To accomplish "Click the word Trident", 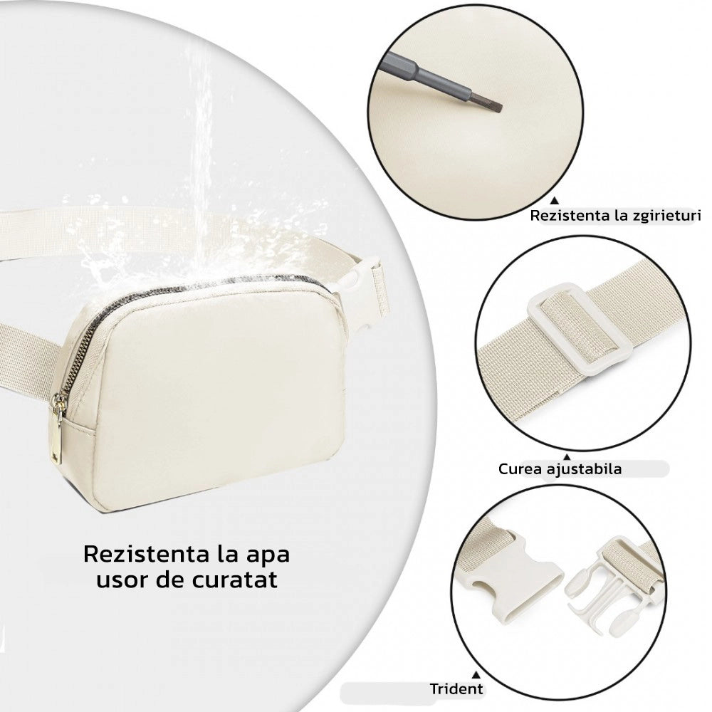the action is click(x=456, y=689).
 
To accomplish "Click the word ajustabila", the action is click(x=584, y=468).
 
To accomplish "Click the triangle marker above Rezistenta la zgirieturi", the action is click(x=554, y=200).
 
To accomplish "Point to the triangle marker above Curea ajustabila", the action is click(x=567, y=457).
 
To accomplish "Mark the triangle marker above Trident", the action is click(x=476, y=675).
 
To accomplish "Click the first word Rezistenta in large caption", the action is click(x=144, y=555).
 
